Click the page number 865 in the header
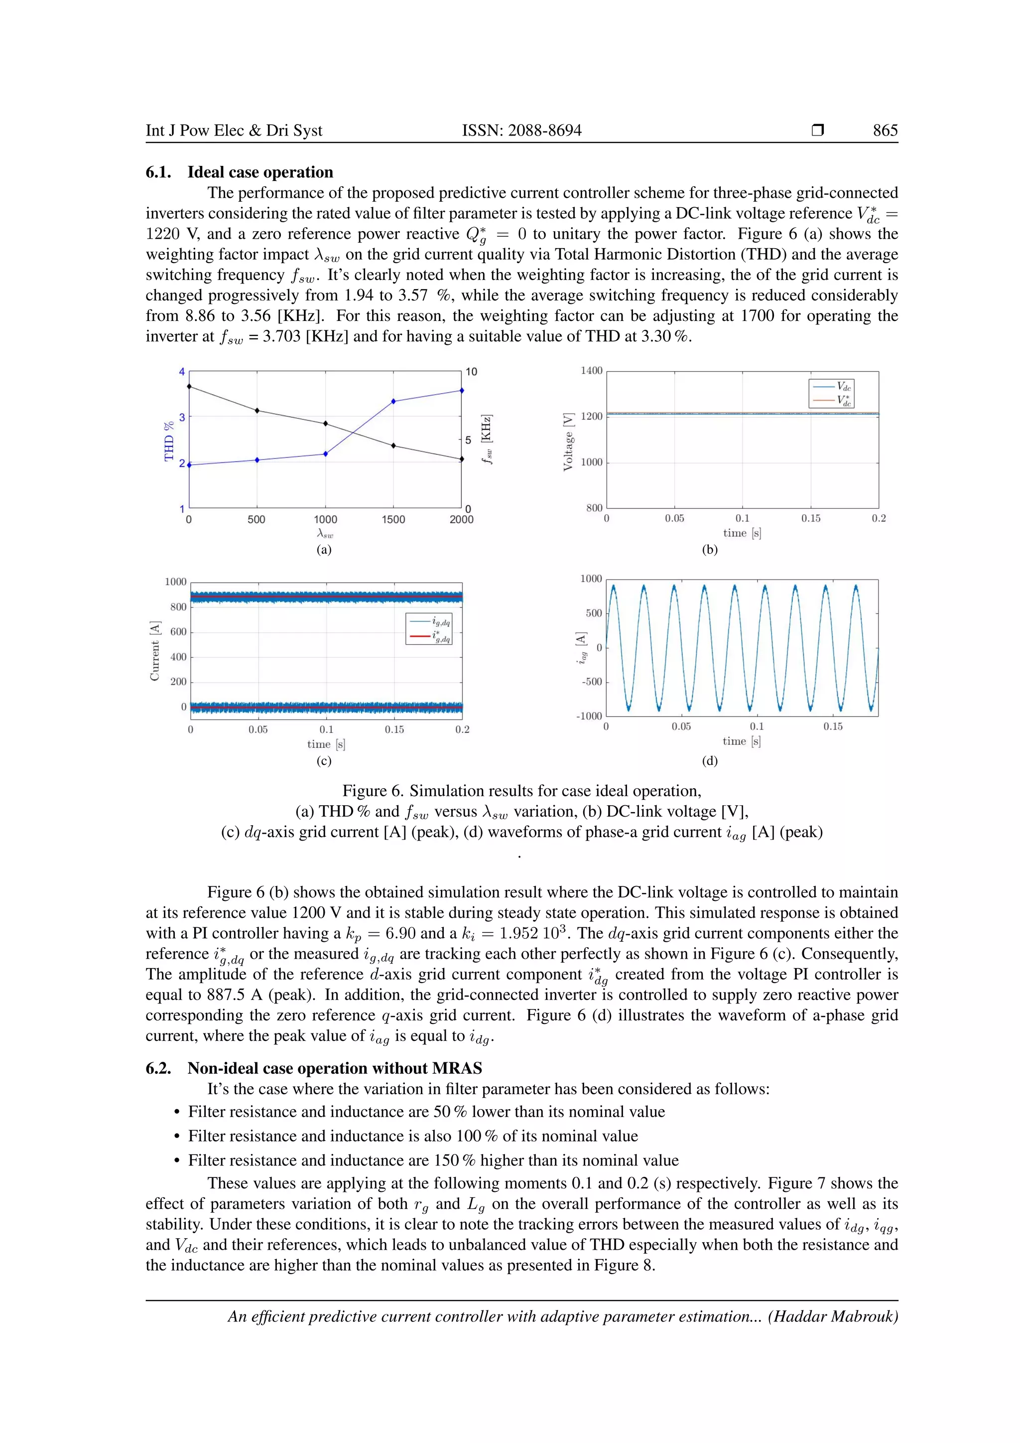pyautogui.click(x=885, y=130)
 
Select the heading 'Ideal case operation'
pyautogui.click(x=260, y=172)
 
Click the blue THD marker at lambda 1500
pyautogui.click(x=393, y=401)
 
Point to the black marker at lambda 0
pyautogui.click(x=189, y=387)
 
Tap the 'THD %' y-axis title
pyautogui.click(x=168, y=441)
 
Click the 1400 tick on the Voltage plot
pyautogui.click(x=591, y=371)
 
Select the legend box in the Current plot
pyautogui.click(x=429, y=628)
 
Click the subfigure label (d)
pyautogui.click(x=710, y=760)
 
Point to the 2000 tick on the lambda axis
pyautogui.click(x=462, y=520)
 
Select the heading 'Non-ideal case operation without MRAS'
pyautogui.click(x=334, y=1068)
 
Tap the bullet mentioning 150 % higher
pyautogui.click(x=433, y=1160)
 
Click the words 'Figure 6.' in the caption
pyautogui.click(x=372, y=791)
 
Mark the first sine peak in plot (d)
pyautogui.click(x=613, y=586)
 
